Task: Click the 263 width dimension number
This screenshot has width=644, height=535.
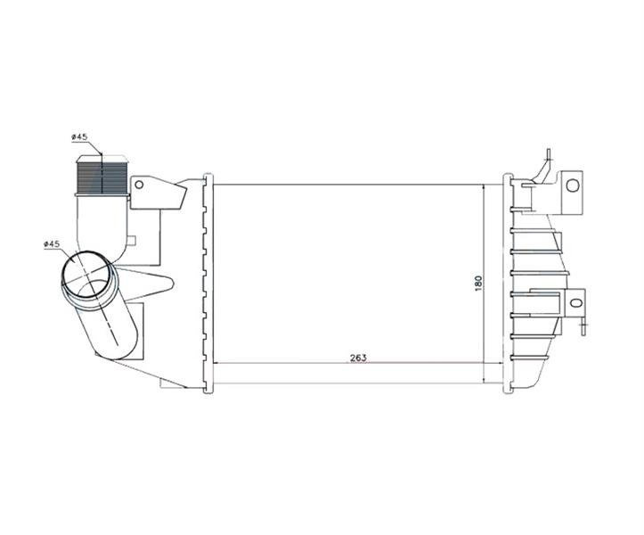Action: [x=358, y=358]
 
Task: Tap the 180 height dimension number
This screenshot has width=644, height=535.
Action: [x=478, y=284]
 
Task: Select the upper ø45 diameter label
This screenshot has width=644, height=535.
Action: [x=79, y=137]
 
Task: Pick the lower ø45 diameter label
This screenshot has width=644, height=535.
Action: [x=52, y=243]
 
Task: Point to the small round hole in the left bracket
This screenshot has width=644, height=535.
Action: [x=139, y=185]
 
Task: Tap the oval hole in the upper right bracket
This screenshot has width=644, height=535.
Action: [x=573, y=185]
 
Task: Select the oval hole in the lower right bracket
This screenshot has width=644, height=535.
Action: [x=576, y=303]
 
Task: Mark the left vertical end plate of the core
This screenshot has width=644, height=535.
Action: [x=208, y=284]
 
